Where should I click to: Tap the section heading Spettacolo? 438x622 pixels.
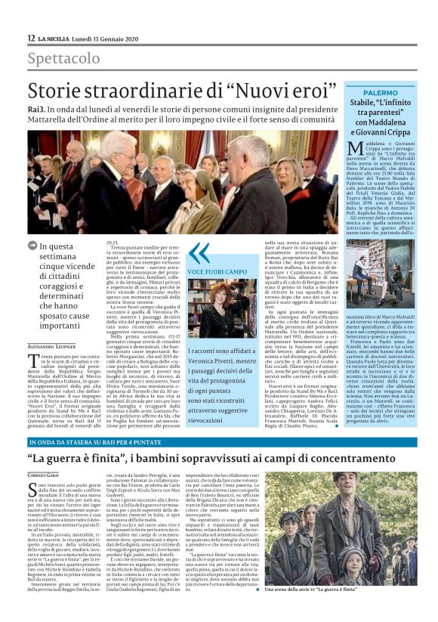tap(64, 58)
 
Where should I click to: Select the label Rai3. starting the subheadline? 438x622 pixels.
tap(37, 110)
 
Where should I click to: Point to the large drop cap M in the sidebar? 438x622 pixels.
tap(354, 147)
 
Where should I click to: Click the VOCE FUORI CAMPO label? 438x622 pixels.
tap(218, 271)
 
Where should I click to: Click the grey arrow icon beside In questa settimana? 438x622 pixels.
tap(32, 245)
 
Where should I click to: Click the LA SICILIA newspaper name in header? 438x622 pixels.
tap(57, 39)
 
